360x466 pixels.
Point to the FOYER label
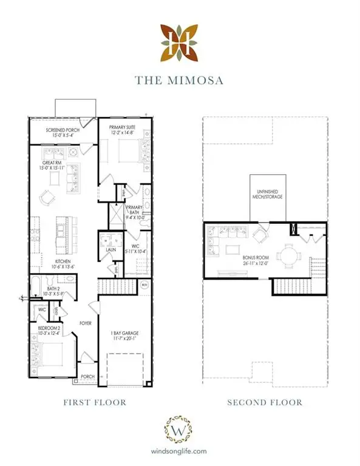click(85, 323)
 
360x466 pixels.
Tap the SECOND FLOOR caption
click(265, 402)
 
